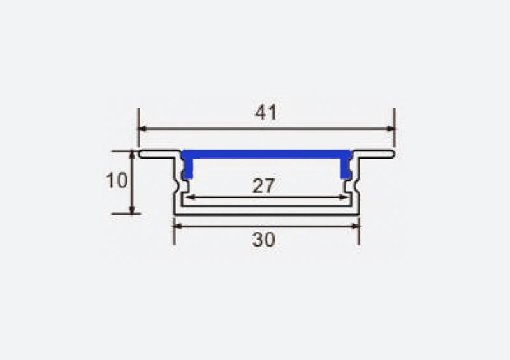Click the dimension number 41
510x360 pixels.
(x=266, y=113)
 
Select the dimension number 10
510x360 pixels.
(x=117, y=181)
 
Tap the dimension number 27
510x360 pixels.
(x=263, y=186)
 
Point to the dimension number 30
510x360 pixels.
(x=263, y=240)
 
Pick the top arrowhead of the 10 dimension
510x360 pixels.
(x=132, y=155)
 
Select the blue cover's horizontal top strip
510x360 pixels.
(x=266, y=154)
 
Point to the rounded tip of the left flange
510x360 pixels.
(x=142, y=154)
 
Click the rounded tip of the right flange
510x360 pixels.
(x=392, y=154)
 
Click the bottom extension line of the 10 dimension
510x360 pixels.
(x=124, y=214)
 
